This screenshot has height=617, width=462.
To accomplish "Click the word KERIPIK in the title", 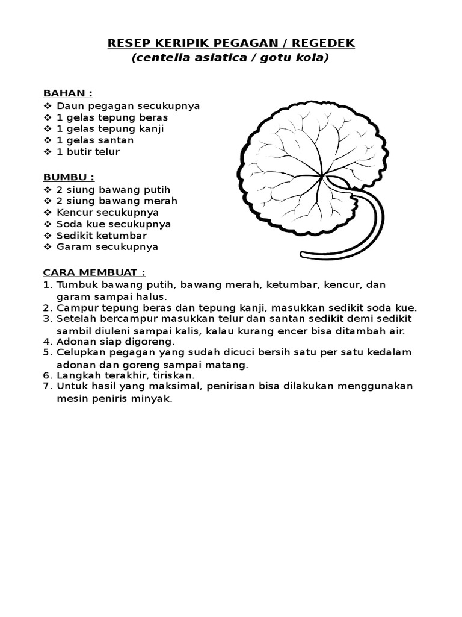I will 181,43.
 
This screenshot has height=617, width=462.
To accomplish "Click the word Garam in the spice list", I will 72,247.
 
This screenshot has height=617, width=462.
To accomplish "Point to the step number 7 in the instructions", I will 47,386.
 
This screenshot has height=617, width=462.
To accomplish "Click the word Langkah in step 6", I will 79,375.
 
